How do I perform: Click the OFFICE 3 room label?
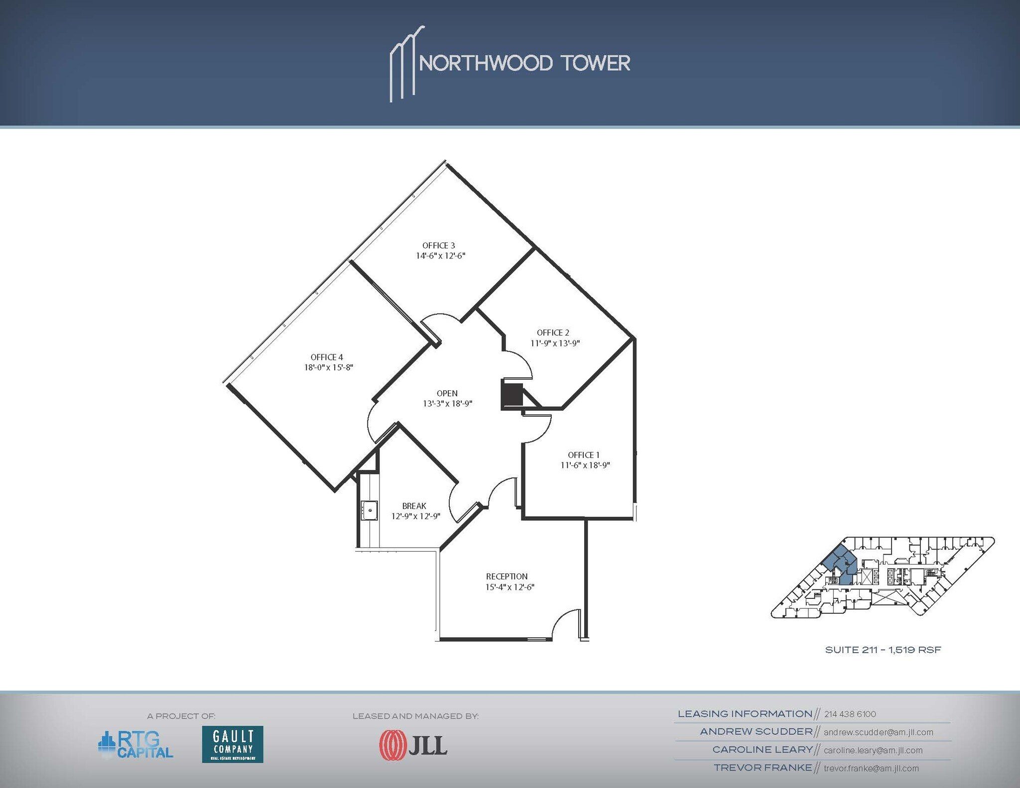(x=438, y=245)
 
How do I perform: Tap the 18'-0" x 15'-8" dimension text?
(x=329, y=368)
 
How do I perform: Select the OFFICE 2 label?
(x=553, y=333)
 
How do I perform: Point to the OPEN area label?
(x=447, y=393)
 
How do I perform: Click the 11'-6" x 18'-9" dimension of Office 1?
(x=585, y=465)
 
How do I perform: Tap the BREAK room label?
(x=414, y=506)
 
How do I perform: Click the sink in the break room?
(x=370, y=510)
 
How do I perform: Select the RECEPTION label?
(x=507, y=576)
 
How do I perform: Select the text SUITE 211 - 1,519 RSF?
(x=883, y=650)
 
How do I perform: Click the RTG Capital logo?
(x=135, y=745)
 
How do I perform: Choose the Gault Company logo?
(x=233, y=744)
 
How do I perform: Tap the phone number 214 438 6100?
(x=850, y=714)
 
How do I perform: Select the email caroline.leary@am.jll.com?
(x=873, y=750)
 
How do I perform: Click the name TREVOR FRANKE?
(x=763, y=768)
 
